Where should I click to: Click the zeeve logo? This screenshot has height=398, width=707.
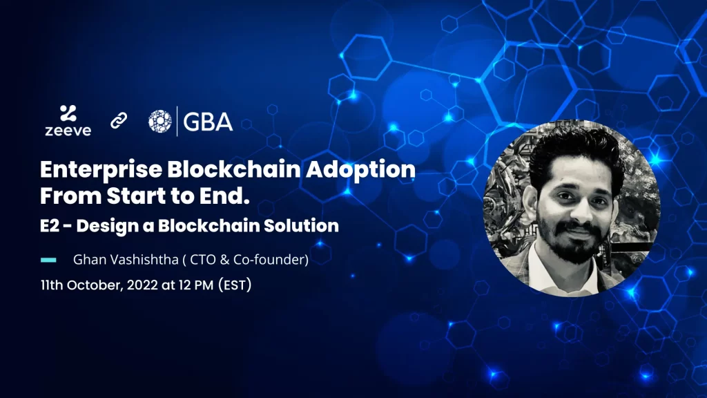tap(68, 120)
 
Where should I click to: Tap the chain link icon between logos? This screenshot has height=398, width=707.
tap(119, 120)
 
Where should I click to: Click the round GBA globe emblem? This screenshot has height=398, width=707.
tap(160, 122)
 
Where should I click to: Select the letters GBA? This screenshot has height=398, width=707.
tap(208, 122)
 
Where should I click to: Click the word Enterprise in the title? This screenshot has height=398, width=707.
tap(101, 170)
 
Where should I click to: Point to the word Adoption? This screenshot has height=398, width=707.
tap(360, 170)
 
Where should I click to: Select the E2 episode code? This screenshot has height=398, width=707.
tap(50, 226)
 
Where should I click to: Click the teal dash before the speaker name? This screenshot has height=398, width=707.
tap(48, 260)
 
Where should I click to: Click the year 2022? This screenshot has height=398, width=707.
tap(142, 285)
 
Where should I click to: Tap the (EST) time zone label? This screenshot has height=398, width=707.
tap(235, 285)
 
